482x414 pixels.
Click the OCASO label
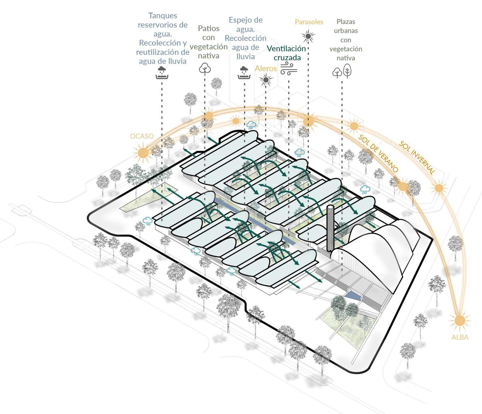coord(142,136)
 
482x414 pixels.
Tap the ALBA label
coord(460,337)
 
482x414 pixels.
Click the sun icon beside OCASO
coord(143,153)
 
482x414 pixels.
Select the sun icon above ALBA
coord(460,320)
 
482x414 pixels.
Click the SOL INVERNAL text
coord(417,158)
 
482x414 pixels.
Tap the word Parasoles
coord(309,22)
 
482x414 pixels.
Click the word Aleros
coord(266,68)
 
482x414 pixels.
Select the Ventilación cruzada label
coord(286,53)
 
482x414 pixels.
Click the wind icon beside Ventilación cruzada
coord(289,68)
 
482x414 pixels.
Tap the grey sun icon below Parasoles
coord(308,36)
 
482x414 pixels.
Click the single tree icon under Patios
coord(205,69)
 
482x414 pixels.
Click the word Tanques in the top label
coord(163,16)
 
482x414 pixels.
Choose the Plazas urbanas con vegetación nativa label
coord(346,40)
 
